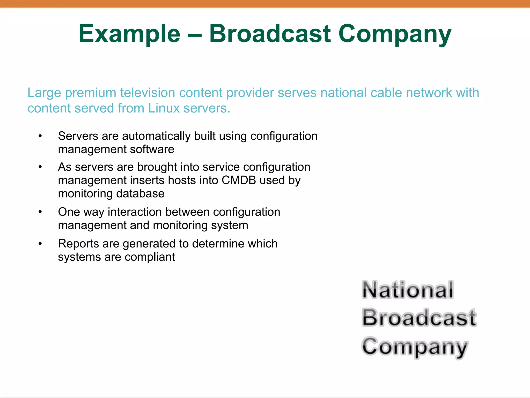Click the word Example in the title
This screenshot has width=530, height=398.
pos(129,34)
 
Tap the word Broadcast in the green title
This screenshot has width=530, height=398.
pos(270,33)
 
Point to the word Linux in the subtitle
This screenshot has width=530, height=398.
pos(164,108)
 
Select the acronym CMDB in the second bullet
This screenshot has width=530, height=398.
pos(239,180)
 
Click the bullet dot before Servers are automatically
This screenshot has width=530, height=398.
pos(40,136)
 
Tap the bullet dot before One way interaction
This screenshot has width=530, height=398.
pos(40,212)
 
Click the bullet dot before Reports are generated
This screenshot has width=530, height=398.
pos(40,244)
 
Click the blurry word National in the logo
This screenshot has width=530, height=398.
pos(408,290)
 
